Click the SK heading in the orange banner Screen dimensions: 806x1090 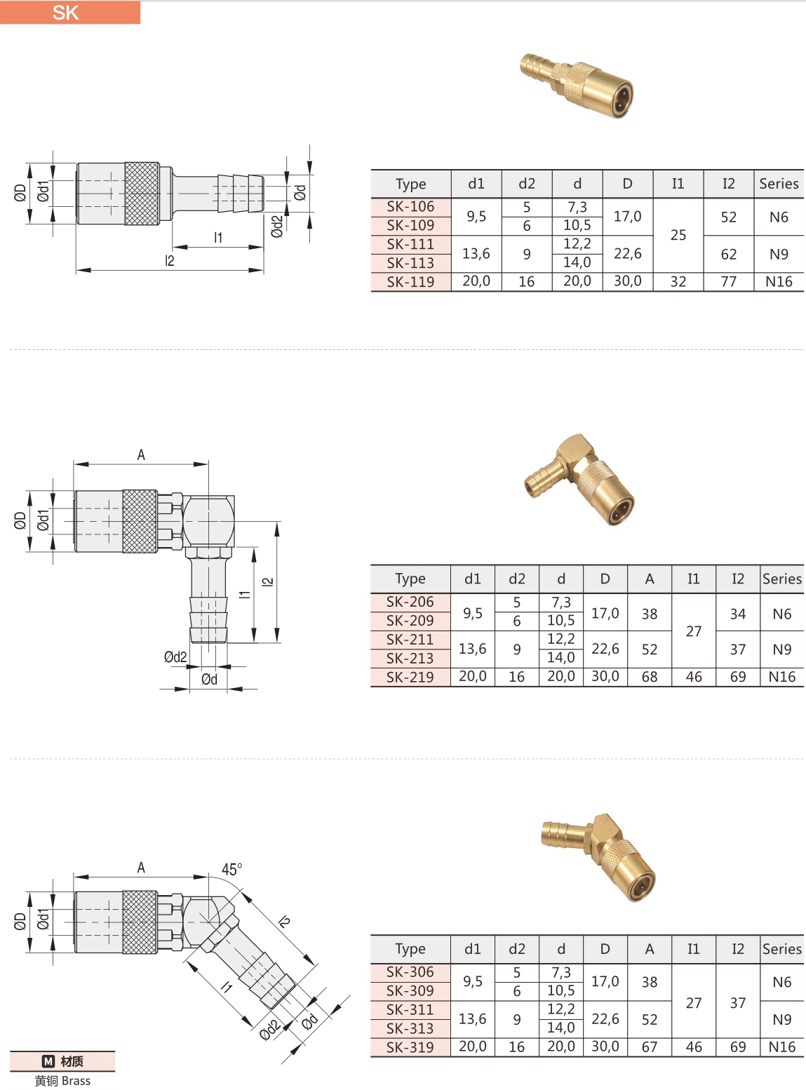(x=65, y=13)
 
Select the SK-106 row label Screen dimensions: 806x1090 (x=410, y=206)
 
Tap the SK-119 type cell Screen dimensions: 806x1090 (x=410, y=281)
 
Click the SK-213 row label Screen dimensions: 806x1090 (x=410, y=658)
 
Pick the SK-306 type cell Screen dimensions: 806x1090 (x=410, y=971)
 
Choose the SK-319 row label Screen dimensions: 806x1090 (x=410, y=1047)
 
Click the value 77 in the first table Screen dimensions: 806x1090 (x=728, y=281)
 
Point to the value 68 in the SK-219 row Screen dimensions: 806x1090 (x=650, y=677)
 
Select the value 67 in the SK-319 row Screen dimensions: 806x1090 (x=650, y=1047)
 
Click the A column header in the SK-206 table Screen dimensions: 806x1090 (x=650, y=579)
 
